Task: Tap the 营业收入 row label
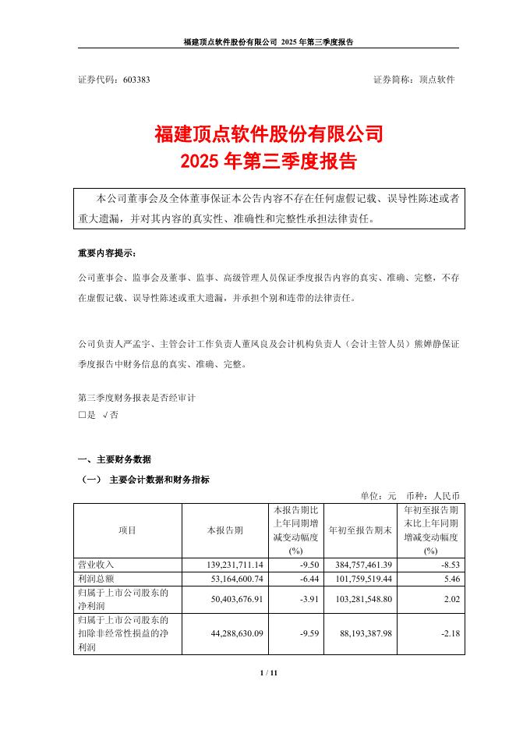pos(96,563)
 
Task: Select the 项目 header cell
pos(127,530)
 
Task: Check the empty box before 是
pos(82,416)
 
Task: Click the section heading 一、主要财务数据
pos(114,459)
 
